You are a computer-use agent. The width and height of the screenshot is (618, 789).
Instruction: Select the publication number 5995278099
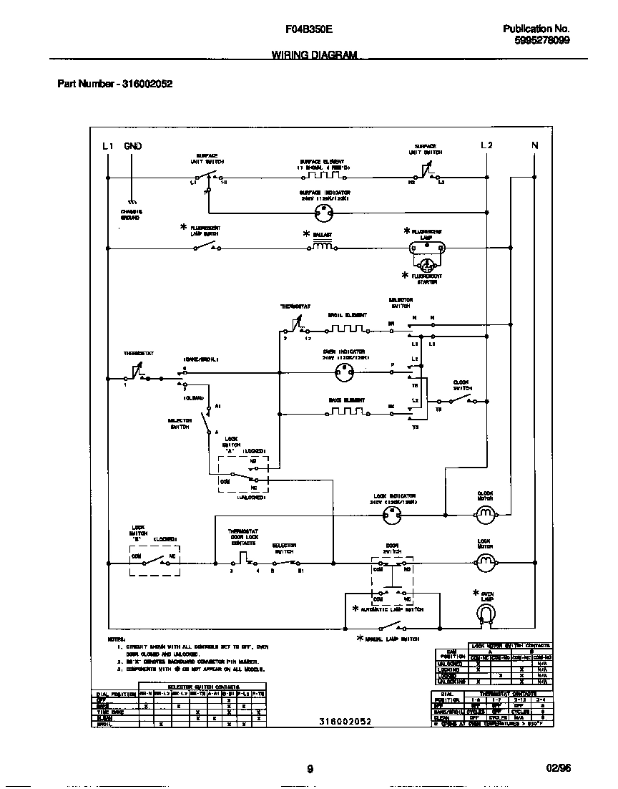pyautogui.click(x=541, y=41)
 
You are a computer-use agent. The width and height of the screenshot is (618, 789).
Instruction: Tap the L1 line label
pyautogui.click(x=107, y=146)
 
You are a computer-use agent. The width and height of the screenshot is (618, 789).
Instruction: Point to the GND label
pyautogui.click(x=133, y=146)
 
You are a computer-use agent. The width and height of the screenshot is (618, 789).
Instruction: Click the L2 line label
pyautogui.click(x=486, y=146)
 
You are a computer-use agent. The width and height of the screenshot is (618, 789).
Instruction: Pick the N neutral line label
pyautogui.click(x=534, y=146)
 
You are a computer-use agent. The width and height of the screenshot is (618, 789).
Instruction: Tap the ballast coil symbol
pyautogui.click(x=323, y=248)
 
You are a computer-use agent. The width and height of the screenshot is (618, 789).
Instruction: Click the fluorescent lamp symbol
pyautogui.click(x=426, y=248)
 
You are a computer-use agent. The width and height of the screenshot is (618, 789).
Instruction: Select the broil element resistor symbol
pyautogui.click(x=347, y=330)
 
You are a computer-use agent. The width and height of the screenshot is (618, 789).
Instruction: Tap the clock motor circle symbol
pyautogui.click(x=486, y=513)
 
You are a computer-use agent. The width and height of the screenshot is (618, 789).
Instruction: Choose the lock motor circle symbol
pyautogui.click(x=486, y=563)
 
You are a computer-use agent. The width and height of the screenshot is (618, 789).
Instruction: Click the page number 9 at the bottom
pyautogui.click(x=310, y=769)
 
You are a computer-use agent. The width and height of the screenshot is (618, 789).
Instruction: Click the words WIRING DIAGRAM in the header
pyautogui.click(x=314, y=55)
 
